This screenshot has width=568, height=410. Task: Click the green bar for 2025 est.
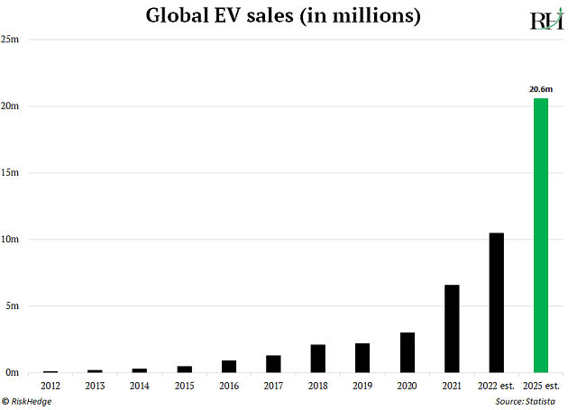coord(541,235)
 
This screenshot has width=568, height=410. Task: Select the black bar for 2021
coord(452,329)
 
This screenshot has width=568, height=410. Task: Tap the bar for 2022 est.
coord(496,303)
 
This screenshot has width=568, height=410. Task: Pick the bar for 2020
coord(408,352)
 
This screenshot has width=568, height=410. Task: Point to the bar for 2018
coord(318,359)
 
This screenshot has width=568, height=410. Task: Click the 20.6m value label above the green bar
coord(540,89)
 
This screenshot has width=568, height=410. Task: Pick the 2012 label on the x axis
coord(50,386)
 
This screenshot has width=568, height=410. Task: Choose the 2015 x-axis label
coord(184,386)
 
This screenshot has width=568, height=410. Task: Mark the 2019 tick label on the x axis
coord(362,386)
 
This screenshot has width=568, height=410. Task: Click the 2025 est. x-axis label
coord(540,386)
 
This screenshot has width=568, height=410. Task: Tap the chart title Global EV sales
coord(284,17)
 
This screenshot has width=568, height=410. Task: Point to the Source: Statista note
coord(526,399)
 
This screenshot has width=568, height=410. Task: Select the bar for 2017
coord(273,363)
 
